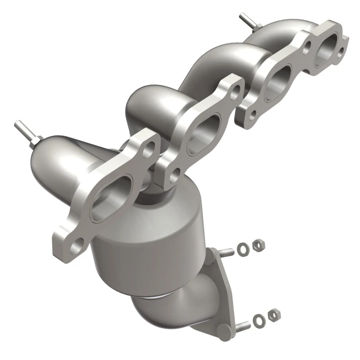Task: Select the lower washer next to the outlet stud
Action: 258,320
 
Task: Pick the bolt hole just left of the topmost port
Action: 308,45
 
